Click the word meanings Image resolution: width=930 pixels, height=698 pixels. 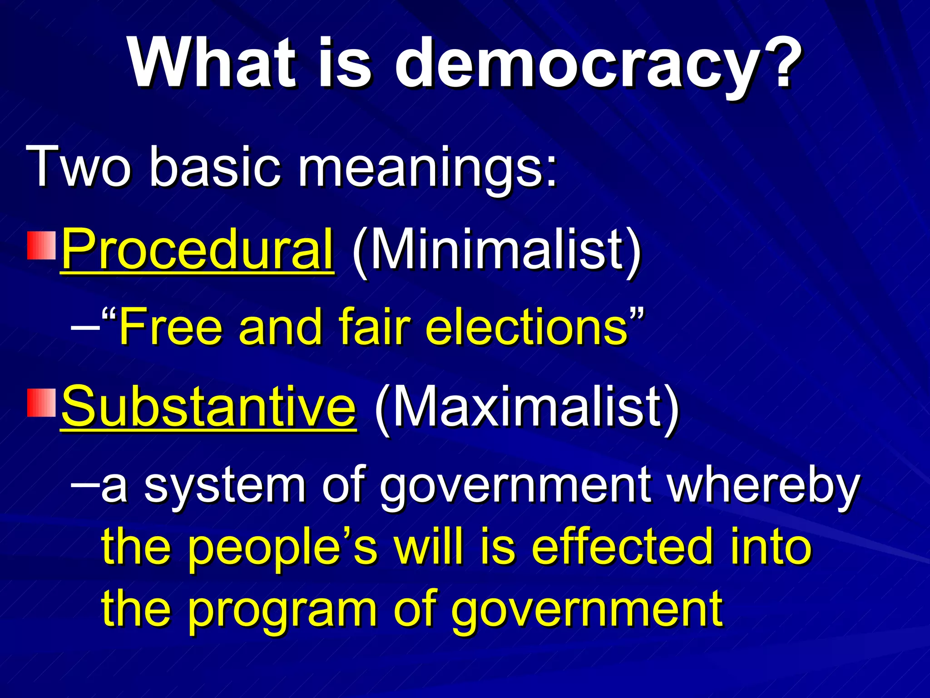pyautogui.click(x=427, y=168)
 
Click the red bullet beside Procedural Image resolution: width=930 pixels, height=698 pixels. pyautogui.click(x=41, y=245)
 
